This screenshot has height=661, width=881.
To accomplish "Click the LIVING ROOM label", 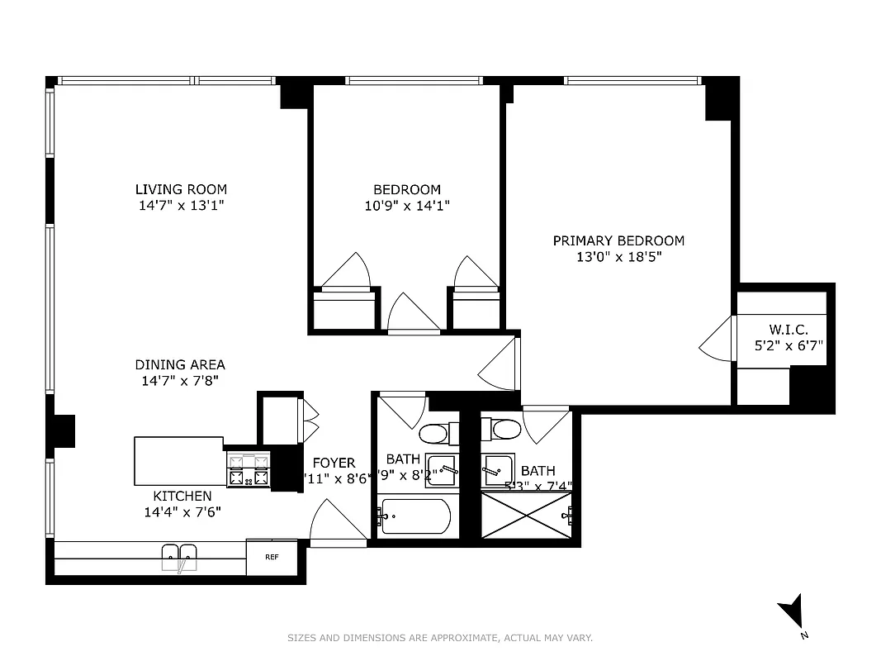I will tap(181, 189).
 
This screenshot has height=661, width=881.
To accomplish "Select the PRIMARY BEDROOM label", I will tap(618, 240).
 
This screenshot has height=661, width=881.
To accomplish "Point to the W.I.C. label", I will tap(789, 329).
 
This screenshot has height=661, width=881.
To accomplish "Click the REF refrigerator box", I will tap(271, 557).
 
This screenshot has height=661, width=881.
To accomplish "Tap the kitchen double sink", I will tap(179, 556).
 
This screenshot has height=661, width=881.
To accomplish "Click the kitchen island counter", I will tap(178, 461).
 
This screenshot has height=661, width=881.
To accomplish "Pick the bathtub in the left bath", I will tap(415, 517).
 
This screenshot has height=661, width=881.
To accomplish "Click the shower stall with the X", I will tap(526, 516).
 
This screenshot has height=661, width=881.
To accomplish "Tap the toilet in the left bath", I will tap(433, 432).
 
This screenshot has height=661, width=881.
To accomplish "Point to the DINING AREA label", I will tap(180, 364).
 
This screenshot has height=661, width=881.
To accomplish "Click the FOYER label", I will tap(334, 463).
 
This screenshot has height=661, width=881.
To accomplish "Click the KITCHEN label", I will tap(182, 496).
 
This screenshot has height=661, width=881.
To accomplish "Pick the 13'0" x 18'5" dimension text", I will tap(618, 257).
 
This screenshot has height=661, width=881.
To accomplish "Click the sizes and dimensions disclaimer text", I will tap(440, 638).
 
